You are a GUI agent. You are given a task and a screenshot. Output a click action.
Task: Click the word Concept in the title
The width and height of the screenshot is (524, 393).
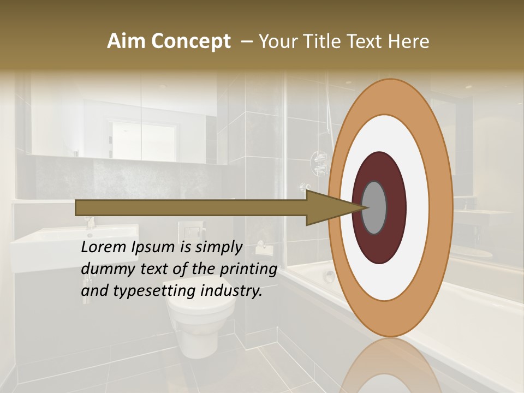pyautogui.click(x=190, y=41)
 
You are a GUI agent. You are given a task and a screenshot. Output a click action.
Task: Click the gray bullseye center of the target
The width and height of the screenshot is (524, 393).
pyautogui.click(x=374, y=207)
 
